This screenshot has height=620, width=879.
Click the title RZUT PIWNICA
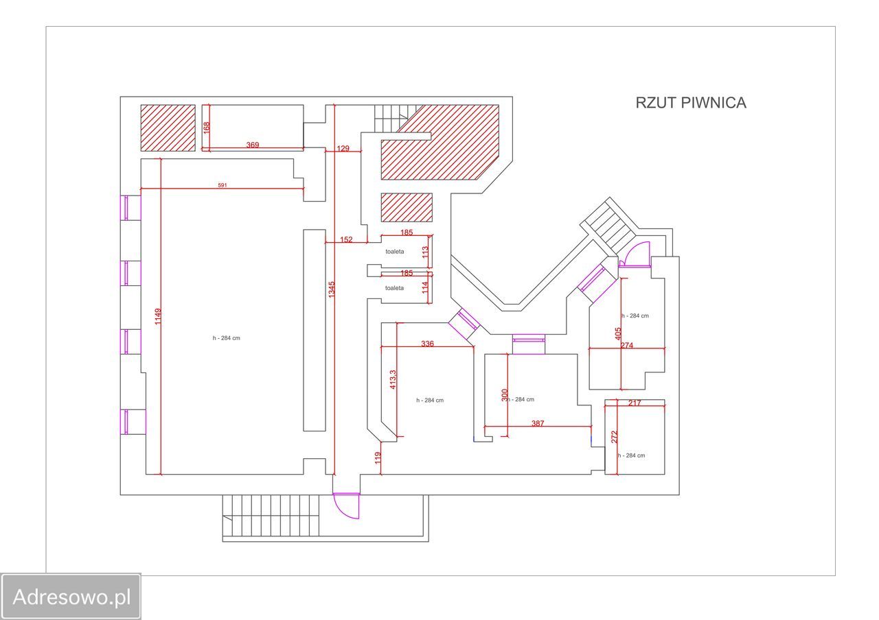click(690, 103)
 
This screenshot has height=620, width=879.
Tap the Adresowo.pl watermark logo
click(71, 597)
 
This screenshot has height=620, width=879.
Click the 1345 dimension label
click(332, 289)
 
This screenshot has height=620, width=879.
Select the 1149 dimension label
click(158, 316)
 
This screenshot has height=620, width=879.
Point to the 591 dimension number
click(222, 185)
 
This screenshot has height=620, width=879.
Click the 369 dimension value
click(253, 145)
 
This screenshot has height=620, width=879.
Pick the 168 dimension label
click(206, 128)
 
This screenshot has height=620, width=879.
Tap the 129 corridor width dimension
click(343, 149)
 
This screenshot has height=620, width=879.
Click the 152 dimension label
click(347, 239)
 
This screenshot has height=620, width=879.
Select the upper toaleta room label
click(395, 252)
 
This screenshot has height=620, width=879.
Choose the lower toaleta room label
click(395, 288)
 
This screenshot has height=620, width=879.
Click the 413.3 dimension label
click(393, 380)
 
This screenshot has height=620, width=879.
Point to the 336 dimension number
click(427, 344)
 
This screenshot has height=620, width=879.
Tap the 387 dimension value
click(538, 423)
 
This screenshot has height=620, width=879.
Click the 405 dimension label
click(618, 334)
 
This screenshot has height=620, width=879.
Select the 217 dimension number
click(635, 403)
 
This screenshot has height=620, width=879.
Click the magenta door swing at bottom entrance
click(346, 506)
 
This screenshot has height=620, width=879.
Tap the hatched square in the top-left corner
click(168, 128)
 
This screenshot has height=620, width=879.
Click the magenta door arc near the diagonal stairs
click(636, 254)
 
